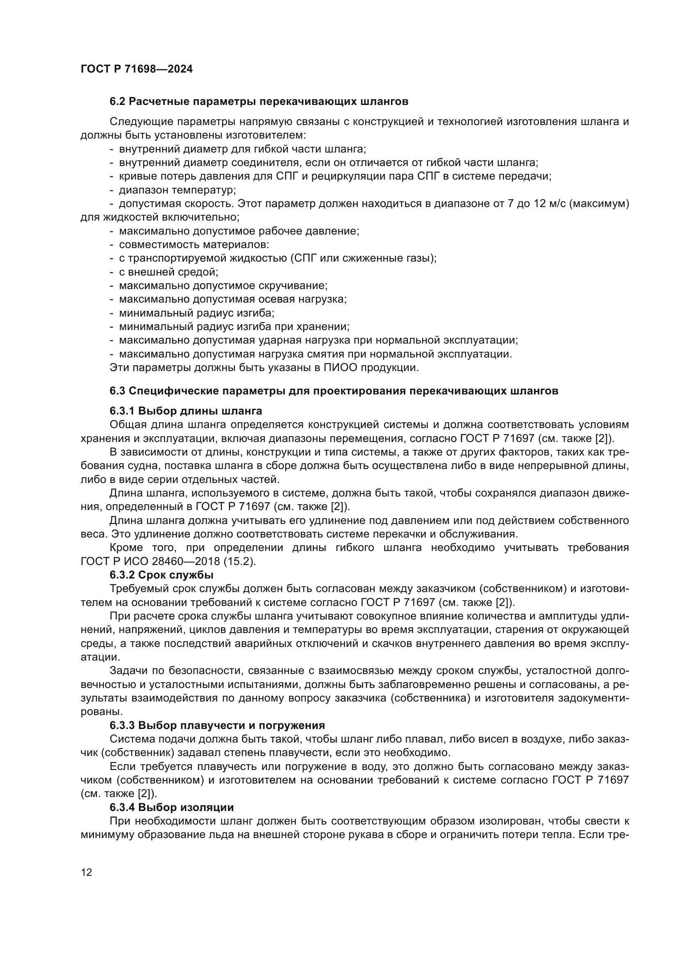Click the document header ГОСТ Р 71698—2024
pos(137,69)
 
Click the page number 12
pos(86,872)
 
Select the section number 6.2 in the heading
pos(118,102)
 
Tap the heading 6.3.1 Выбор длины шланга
pos(186,411)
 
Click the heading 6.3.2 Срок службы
pos(161,575)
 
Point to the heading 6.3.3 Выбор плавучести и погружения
pos(217,726)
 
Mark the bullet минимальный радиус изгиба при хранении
pos(234,327)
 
